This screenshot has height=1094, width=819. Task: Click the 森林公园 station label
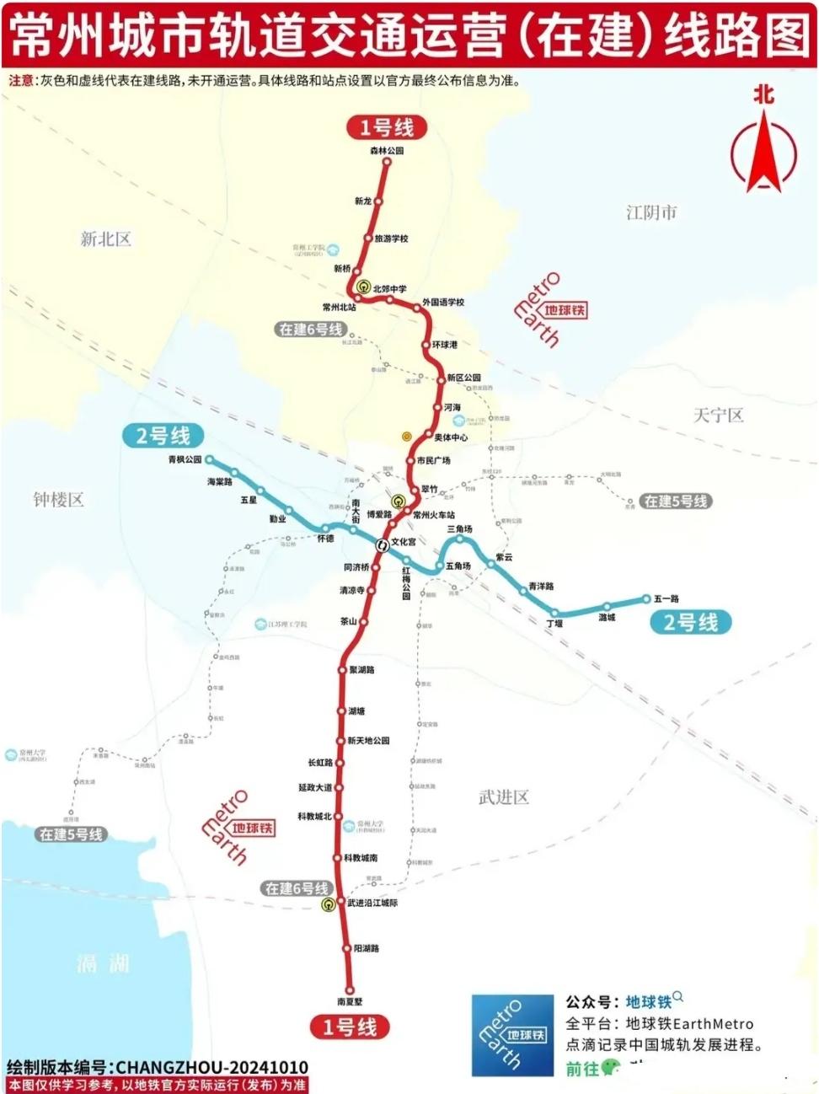[x=387, y=151]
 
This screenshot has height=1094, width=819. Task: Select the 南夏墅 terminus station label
[x=350, y=1002]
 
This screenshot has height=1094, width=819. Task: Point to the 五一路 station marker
[x=646, y=599]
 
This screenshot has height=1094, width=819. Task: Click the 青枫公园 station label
[x=185, y=460]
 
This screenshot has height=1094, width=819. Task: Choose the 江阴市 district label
[x=651, y=212]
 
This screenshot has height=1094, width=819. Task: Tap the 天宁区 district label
[x=718, y=415]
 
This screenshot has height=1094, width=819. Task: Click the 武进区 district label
[x=504, y=797]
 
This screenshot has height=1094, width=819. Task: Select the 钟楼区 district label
[x=58, y=500]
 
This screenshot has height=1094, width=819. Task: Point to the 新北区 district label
[x=105, y=239]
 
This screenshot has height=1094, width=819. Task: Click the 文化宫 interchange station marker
[x=383, y=544]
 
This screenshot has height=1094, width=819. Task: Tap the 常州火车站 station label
[x=434, y=515]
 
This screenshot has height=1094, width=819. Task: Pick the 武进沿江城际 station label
[x=372, y=903]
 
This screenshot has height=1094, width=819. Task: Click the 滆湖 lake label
[x=103, y=963]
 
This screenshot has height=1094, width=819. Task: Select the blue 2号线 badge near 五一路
[x=691, y=623]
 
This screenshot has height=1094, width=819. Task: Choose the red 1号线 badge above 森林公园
[x=387, y=128]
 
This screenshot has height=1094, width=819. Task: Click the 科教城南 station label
[x=361, y=858]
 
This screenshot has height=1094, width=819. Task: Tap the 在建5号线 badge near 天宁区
[x=676, y=501]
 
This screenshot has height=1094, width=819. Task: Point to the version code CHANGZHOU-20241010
[x=211, y=1068]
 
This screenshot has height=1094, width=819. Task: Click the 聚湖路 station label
[x=361, y=670]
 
